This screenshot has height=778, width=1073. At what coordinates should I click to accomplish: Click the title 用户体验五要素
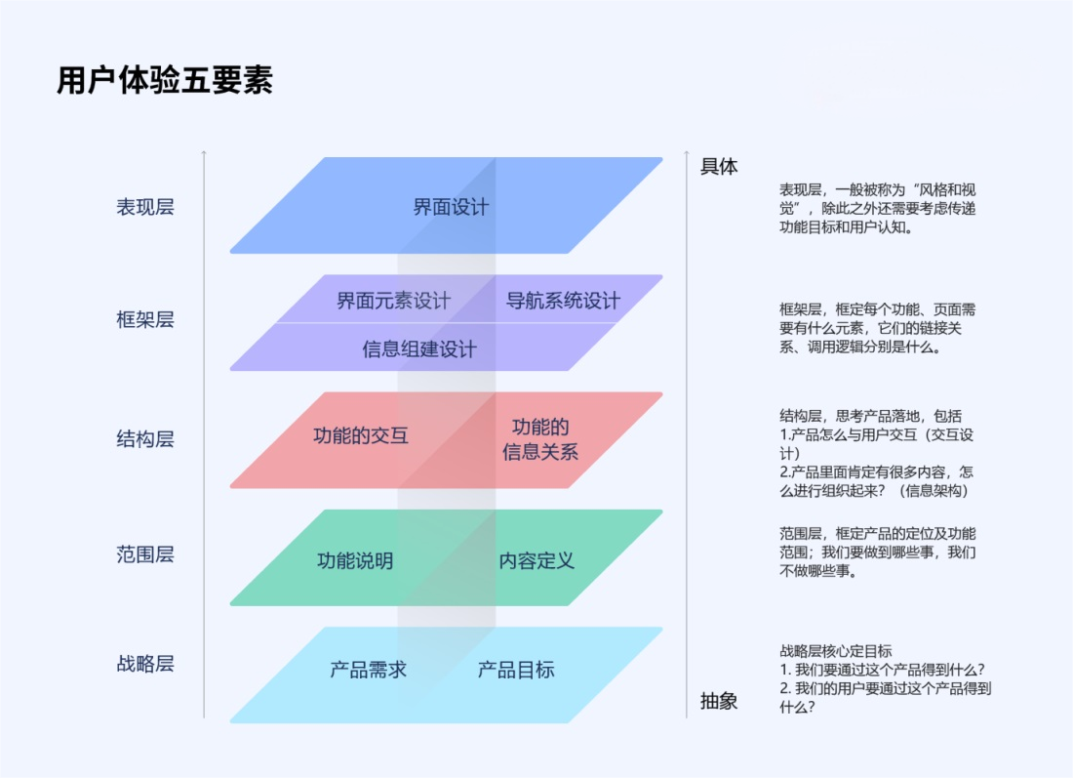pyautogui.click(x=165, y=80)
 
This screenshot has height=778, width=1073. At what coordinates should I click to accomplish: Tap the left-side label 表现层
pyautogui.click(x=145, y=207)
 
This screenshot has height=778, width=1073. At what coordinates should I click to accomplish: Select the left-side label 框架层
pyautogui.click(x=145, y=319)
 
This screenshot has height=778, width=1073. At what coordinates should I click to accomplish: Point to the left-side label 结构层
pyautogui.click(x=145, y=438)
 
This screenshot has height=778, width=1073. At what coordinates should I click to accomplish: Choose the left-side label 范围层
pyautogui.click(x=145, y=554)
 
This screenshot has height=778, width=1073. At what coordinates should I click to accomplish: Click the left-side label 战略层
pyautogui.click(x=145, y=663)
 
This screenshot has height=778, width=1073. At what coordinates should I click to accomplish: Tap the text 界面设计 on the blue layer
pyautogui.click(x=451, y=207)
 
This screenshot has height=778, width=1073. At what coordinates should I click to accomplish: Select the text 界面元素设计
pyautogui.click(x=393, y=300)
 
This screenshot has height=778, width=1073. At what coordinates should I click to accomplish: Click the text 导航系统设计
pyautogui.click(x=563, y=300)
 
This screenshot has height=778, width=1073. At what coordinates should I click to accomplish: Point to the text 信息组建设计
pyautogui.click(x=419, y=349)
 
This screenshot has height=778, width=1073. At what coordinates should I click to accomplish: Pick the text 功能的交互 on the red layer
pyautogui.click(x=361, y=435)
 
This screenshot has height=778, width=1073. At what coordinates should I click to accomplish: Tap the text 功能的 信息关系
pyautogui.click(x=540, y=439)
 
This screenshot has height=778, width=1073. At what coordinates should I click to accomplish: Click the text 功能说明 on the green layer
pyautogui.click(x=355, y=561)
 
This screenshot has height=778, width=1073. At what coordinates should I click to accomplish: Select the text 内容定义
pyautogui.click(x=536, y=561)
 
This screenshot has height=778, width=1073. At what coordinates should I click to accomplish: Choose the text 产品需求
pyautogui.click(x=368, y=669)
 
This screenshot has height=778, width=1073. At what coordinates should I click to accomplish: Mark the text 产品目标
pyautogui.click(x=516, y=669)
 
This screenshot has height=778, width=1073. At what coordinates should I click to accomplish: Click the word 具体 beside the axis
pyautogui.click(x=719, y=166)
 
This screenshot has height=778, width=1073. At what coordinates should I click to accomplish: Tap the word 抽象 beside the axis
pyautogui.click(x=719, y=701)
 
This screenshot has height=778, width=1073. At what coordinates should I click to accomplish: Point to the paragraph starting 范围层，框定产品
pyautogui.click(x=878, y=552)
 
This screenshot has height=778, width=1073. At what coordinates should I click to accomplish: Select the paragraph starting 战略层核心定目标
pyautogui.click(x=886, y=678)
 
